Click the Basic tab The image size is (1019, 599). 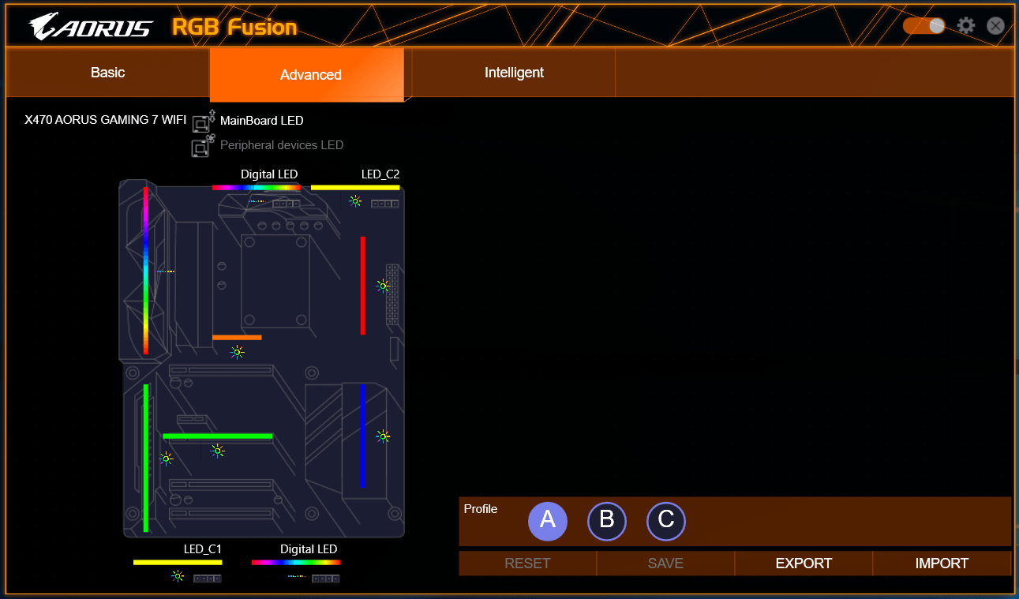click(108, 73)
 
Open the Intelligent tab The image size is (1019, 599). click(514, 73)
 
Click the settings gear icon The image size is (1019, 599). click(966, 26)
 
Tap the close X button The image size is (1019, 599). click(995, 26)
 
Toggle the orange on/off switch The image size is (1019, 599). click(924, 26)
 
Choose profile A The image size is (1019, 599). click(548, 521)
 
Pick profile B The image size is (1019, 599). click(607, 521)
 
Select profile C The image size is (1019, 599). click(666, 521)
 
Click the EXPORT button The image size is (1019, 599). click(804, 563)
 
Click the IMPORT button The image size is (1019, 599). click(942, 563)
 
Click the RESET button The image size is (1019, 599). click(527, 563)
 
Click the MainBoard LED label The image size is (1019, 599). click(261, 121)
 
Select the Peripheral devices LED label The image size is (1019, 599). click(282, 145)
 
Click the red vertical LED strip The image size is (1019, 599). click(363, 286)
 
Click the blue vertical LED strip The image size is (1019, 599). click(363, 436)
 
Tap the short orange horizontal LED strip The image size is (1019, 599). click(237, 338)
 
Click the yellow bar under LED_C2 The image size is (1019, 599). click(355, 187)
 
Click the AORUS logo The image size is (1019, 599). click(91, 26)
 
